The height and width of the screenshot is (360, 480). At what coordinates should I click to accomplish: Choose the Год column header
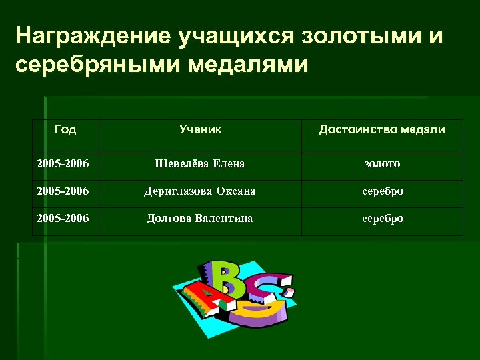click(x=65, y=129)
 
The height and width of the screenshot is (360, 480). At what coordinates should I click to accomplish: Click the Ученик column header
click(x=200, y=129)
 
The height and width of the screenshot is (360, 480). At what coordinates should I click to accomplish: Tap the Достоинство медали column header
click(x=382, y=129)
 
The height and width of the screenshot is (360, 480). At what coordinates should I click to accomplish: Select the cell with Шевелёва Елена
click(x=200, y=163)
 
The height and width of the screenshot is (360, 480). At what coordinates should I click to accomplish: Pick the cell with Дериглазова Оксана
click(x=200, y=191)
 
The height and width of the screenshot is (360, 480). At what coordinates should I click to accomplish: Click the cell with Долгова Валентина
click(x=200, y=219)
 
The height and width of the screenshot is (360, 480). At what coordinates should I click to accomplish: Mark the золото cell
click(x=382, y=163)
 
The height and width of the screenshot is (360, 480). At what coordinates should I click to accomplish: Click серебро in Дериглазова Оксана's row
click(x=382, y=191)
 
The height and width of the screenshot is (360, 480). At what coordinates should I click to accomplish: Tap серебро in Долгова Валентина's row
click(x=382, y=219)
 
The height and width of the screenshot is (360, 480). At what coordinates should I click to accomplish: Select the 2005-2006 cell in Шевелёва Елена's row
click(x=65, y=163)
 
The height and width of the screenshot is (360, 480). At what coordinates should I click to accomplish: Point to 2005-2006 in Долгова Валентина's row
click(x=65, y=219)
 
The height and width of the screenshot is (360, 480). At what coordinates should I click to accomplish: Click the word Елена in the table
click(x=229, y=163)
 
